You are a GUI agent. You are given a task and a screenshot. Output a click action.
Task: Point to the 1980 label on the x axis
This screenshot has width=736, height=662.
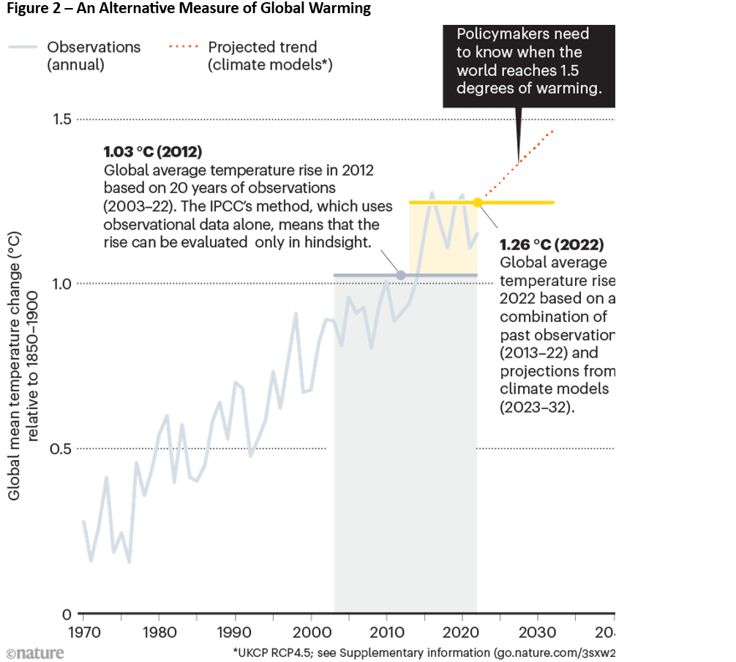tap(159, 631)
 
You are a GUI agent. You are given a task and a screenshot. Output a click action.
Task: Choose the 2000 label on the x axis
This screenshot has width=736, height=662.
tap(311, 631)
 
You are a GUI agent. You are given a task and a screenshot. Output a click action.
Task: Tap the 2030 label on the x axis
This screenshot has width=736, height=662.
tap(537, 631)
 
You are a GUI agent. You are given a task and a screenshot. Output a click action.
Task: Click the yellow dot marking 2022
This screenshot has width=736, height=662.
tap(478, 202)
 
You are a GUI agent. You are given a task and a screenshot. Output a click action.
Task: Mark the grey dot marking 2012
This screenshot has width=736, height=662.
tap(400, 275)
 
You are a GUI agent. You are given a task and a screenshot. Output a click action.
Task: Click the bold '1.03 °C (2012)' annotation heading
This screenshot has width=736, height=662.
tap(153, 153)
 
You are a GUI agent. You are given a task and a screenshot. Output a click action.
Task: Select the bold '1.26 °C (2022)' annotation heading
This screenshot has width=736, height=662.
tap(552, 245)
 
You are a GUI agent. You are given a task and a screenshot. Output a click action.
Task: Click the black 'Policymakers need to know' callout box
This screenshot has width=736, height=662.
tap(529, 66)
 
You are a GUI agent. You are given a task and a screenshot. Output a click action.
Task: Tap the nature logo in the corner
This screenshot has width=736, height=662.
tap(34, 652)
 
